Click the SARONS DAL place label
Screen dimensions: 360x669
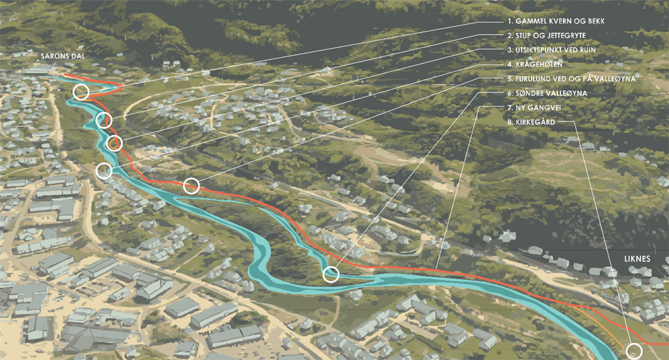click(61, 56)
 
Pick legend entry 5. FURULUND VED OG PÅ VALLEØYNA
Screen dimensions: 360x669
click(571, 79)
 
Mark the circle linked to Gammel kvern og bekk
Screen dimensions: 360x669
click(81, 93)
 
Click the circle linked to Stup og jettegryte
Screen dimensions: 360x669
click(104, 119)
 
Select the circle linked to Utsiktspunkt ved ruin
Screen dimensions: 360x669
click(114, 143)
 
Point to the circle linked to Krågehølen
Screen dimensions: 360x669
click(104, 171)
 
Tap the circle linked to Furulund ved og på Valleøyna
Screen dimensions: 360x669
click(191, 186)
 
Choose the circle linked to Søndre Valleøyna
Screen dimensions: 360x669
click(331, 274)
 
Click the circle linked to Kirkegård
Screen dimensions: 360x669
click(634, 351)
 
